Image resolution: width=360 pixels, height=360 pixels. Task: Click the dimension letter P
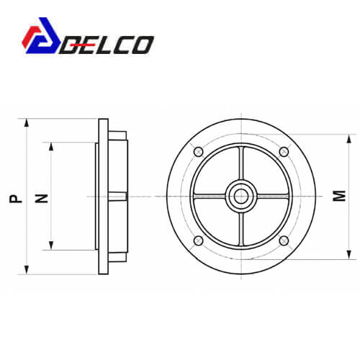pos(16,199)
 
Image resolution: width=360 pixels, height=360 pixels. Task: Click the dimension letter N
pos(42,199)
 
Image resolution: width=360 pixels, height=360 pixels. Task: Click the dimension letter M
pos(339,196)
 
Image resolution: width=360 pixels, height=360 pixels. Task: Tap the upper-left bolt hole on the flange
pos(199,152)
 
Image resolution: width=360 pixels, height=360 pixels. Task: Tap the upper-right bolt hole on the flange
pos(284,152)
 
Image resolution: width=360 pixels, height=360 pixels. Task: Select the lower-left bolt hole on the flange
pos(199,240)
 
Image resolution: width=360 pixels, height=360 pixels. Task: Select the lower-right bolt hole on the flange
pos(284,240)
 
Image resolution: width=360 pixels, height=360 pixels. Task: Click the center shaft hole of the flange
pos(241,197)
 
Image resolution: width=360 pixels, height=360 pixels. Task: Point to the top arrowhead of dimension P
pos(27,123)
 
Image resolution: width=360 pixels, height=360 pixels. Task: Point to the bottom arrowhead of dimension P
pos(27,270)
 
